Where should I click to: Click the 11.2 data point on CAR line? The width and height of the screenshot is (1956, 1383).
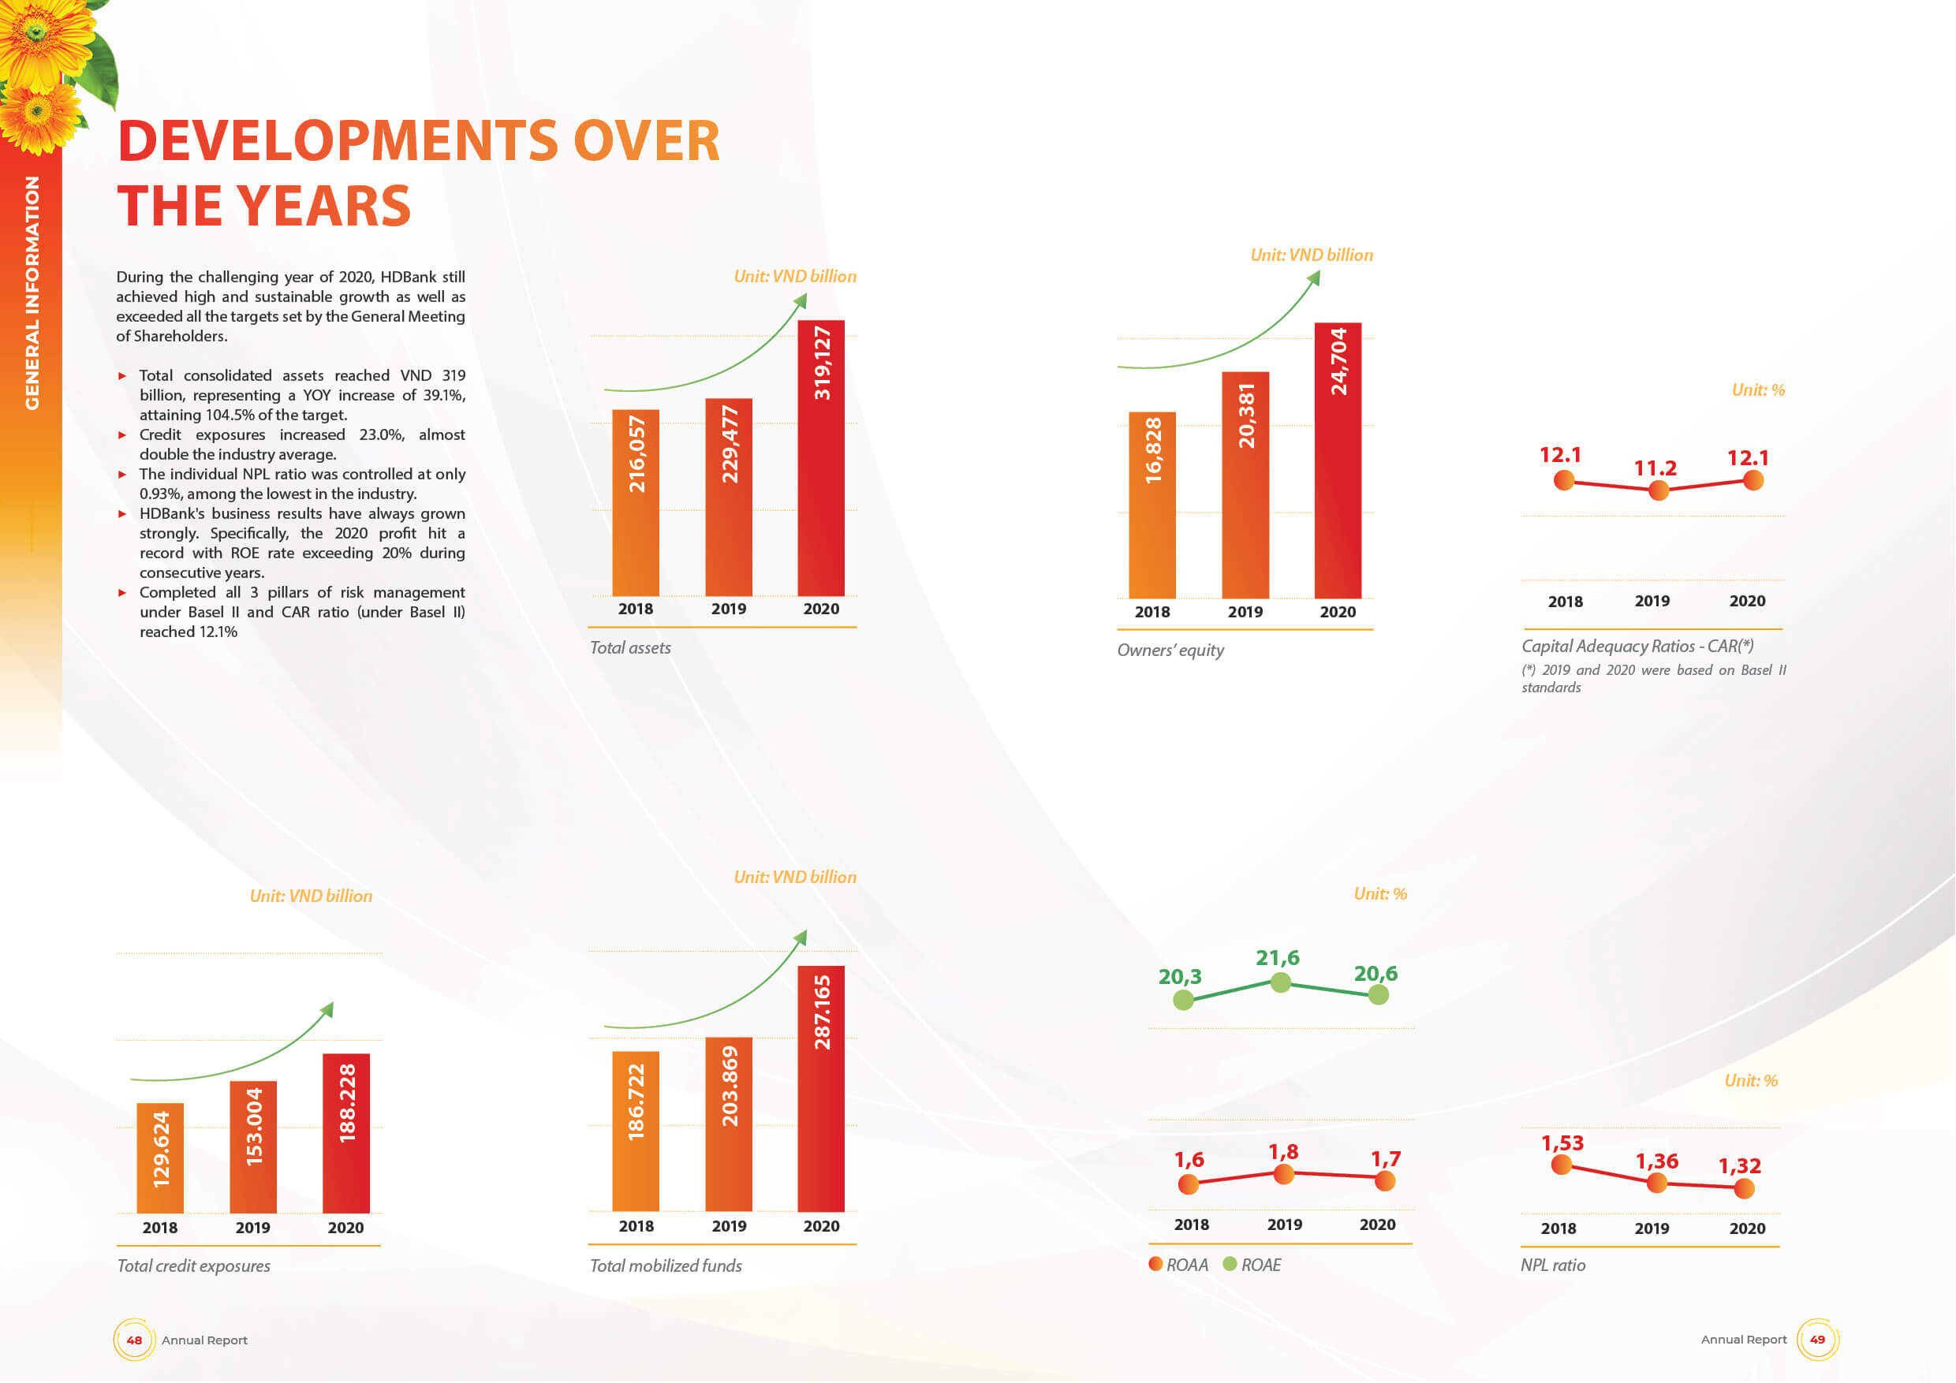tap(1658, 490)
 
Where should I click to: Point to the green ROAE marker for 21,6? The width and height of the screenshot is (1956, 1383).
tap(1279, 982)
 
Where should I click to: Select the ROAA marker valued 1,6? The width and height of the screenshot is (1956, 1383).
tap(1188, 1184)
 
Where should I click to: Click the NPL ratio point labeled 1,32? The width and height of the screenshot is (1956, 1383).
tap(1744, 1188)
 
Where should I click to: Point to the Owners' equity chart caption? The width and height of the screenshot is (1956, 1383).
tap(1170, 650)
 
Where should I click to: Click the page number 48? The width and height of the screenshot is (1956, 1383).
tap(134, 1340)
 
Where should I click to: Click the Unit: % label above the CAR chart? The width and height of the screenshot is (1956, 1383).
tap(1757, 390)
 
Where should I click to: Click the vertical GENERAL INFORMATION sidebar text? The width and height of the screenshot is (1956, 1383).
tap(32, 293)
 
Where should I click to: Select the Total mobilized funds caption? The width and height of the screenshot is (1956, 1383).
tap(666, 1266)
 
